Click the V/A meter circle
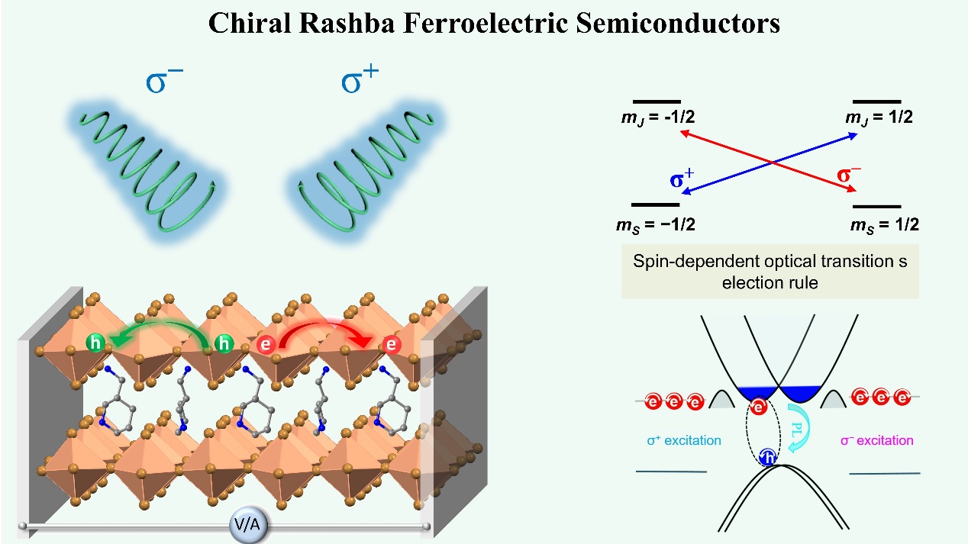tap(247, 524)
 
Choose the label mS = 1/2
tap(884, 224)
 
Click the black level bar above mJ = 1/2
tap(876, 101)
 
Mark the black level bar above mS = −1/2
tap(656, 204)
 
